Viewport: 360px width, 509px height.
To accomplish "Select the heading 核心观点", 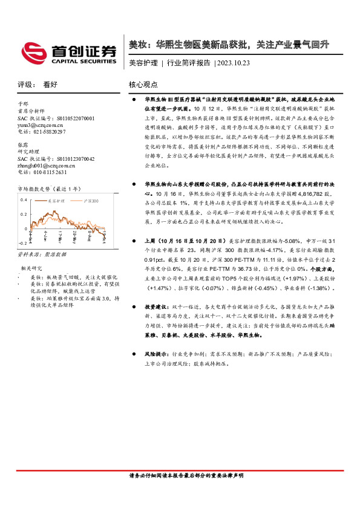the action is coord(143,85).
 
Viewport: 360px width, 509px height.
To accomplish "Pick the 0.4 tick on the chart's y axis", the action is coord(24,199).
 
